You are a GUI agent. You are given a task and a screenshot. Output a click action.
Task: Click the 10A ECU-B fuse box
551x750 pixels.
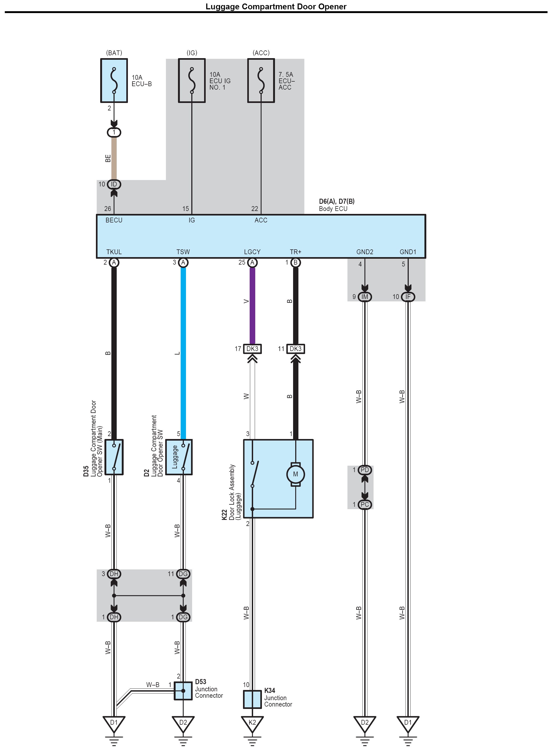[114, 81]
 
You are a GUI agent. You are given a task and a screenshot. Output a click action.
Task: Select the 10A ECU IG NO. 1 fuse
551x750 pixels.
[192, 81]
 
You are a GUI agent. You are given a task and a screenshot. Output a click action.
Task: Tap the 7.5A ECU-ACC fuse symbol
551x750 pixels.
[261, 81]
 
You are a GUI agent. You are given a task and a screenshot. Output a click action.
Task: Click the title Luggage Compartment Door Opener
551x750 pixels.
[276, 7]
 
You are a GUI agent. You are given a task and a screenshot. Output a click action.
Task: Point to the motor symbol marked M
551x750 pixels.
[295, 474]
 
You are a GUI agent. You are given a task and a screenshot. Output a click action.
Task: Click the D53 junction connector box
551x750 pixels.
[183, 691]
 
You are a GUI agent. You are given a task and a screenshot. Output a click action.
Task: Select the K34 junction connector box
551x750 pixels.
[252, 699]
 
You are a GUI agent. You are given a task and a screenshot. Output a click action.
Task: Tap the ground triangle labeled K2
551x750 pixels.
[252, 723]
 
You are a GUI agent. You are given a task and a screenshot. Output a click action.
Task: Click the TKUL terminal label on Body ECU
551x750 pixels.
[114, 252]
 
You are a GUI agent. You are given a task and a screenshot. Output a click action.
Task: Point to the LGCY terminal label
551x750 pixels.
[252, 252]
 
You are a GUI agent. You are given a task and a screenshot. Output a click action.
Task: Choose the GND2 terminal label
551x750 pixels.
[364, 252]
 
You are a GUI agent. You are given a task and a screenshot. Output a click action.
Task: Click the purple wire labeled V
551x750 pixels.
[253, 305]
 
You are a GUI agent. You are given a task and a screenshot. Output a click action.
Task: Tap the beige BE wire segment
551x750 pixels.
[114, 158]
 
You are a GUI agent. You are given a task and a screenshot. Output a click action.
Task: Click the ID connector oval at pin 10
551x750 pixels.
[114, 184]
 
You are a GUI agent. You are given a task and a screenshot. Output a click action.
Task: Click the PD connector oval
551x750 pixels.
[364, 470]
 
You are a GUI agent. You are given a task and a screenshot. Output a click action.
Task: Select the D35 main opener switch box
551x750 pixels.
[114, 457]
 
